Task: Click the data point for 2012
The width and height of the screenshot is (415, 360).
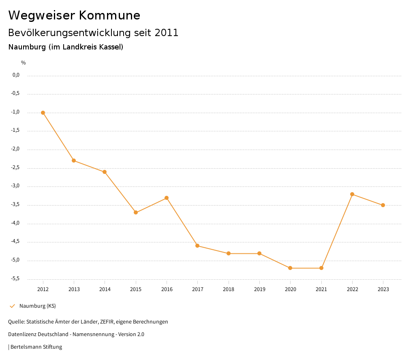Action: (43, 113)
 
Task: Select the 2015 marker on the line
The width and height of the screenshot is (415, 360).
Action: (136, 212)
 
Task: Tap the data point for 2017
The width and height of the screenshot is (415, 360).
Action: (197, 246)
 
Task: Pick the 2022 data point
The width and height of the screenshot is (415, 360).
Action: (352, 194)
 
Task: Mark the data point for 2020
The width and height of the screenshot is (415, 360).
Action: (290, 268)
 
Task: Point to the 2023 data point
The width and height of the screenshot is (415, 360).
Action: (383, 205)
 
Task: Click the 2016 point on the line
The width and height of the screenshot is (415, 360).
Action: (167, 198)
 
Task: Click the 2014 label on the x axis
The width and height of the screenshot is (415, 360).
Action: (105, 289)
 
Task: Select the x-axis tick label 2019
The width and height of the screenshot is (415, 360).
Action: (259, 289)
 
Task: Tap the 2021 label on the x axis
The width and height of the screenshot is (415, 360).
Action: (321, 289)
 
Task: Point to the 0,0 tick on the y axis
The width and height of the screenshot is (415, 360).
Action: (16, 75)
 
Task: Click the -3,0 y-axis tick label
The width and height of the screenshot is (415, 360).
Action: (15, 186)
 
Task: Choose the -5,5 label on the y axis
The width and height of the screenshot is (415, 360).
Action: (15, 279)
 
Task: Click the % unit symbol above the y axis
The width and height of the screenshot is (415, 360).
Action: (24, 62)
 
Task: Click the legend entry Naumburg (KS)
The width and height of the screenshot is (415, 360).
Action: (37, 306)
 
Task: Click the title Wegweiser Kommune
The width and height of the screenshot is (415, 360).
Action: (74, 15)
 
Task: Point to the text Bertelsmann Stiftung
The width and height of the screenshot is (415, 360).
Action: (36, 347)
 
